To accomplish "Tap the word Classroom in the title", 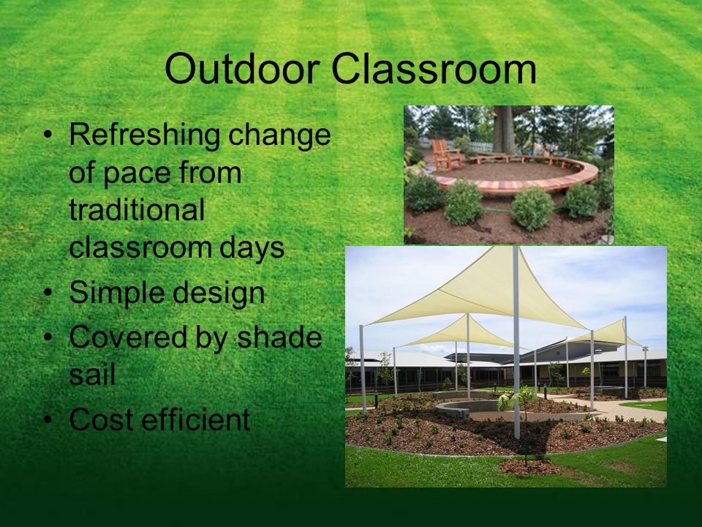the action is (434, 69).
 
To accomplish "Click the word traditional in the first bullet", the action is (137, 209).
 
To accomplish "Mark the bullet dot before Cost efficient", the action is (48, 420).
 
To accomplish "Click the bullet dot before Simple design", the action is (48, 293).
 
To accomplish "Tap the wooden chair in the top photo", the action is (447, 155).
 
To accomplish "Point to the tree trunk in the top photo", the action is (505, 130).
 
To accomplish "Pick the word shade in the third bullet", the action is (279, 337).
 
